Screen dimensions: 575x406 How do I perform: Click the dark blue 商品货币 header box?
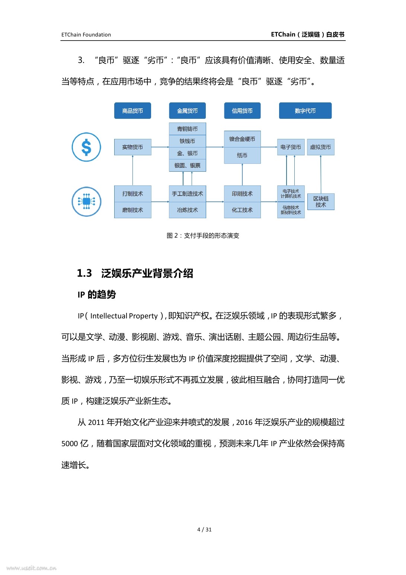pyautogui.click(x=132, y=111)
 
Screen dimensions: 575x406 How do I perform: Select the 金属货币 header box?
pyautogui.click(x=187, y=111)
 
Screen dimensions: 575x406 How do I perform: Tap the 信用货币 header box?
pyautogui.click(x=242, y=111)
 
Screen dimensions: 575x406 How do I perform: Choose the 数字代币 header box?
pyautogui.click(x=305, y=111)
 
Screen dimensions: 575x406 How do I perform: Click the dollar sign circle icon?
pyautogui.click(x=86, y=147)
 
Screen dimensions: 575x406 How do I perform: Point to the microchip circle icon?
pyautogui.click(x=86, y=201)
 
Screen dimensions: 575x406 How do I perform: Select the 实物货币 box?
pyautogui.click(x=132, y=147)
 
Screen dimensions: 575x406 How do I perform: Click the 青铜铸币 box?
pyautogui.click(x=187, y=129)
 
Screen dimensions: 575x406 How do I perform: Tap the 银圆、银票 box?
pyautogui.click(x=187, y=165)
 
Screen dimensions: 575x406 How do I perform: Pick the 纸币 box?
pyautogui.click(x=242, y=155)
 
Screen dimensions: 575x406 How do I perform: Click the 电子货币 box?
pyautogui.click(x=291, y=147)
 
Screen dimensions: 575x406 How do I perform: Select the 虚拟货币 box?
pyautogui.click(x=320, y=147)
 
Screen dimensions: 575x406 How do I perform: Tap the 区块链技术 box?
pyautogui.click(x=321, y=201)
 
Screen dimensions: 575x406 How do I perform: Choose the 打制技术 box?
pyautogui.click(x=132, y=194)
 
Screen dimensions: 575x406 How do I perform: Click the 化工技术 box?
pyautogui.click(x=242, y=210)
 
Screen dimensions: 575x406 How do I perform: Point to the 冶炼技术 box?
pyautogui.click(x=187, y=210)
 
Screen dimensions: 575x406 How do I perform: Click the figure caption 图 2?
pyautogui.click(x=203, y=235)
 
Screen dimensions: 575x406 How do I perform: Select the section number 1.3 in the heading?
pyautogui.click(x=84, y=273)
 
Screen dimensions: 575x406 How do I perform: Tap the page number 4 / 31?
pyautogui.click(x=204, y=530)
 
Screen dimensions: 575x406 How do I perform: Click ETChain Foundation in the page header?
pyautogui.click(x=86, y=35)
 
